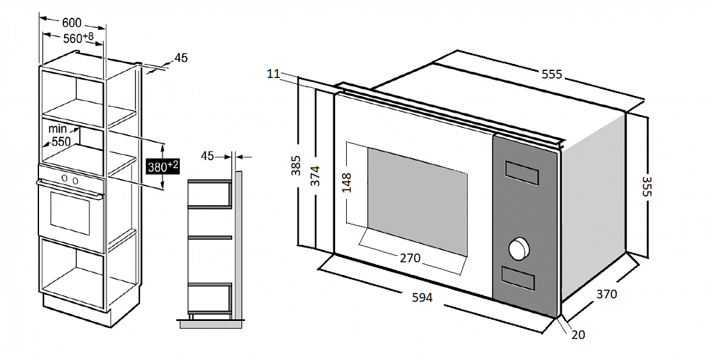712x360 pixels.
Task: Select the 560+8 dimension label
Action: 78,38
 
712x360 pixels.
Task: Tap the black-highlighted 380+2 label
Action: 162,166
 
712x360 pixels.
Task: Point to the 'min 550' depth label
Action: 59,136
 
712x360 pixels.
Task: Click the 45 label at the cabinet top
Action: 181,58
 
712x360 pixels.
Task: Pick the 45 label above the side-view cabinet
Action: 207,155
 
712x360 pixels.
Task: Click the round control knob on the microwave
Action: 520,249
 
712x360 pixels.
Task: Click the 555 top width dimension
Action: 551,74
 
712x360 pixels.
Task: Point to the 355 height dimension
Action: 647,186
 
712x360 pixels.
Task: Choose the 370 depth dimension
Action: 606,294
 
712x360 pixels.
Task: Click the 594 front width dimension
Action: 422,297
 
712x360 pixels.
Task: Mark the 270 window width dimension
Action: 409,258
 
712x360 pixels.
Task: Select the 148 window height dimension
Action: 347,182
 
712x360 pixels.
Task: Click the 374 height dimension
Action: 315,175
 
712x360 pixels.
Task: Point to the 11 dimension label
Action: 273,74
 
